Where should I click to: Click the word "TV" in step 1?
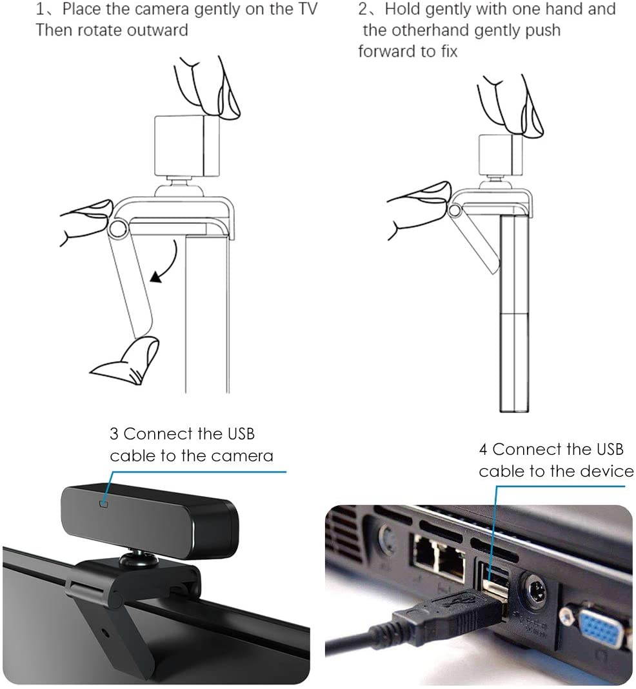click(306, 10)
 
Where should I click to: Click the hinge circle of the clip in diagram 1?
click(117, 228)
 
